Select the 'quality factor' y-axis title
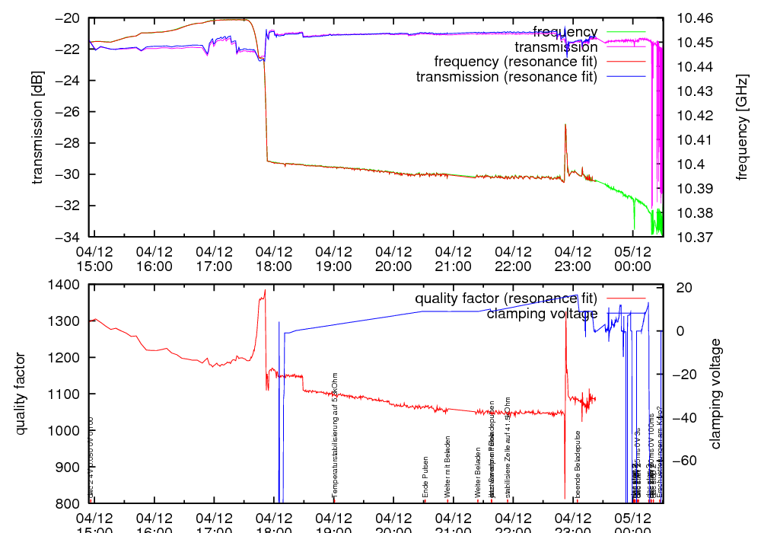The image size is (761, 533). point(21,394)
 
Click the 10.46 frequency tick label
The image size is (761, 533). point(695,18)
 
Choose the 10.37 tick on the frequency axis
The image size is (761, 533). point(695,238)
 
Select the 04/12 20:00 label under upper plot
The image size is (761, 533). point(393,258)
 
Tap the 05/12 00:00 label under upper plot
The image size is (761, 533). point(632,258)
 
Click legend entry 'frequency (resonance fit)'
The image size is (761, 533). point(515,61)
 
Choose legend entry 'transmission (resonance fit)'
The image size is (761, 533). point(507,76)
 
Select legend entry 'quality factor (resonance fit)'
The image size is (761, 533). point(506,298)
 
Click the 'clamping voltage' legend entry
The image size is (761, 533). point(542,313)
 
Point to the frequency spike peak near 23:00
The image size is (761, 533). point(565,125)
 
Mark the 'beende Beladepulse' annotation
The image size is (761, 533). point(578,467)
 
